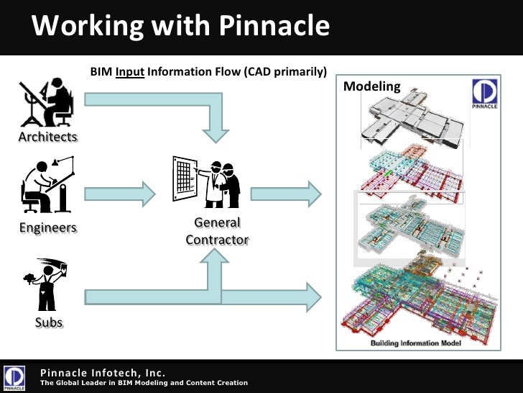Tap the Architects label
(47, 136)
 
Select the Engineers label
(47, 227)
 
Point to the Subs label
(49, 322)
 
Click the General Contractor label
(217, 231)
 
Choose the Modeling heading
(371, 87)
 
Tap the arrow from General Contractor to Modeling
(284, 192)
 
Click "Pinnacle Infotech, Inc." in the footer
(103, 372)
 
